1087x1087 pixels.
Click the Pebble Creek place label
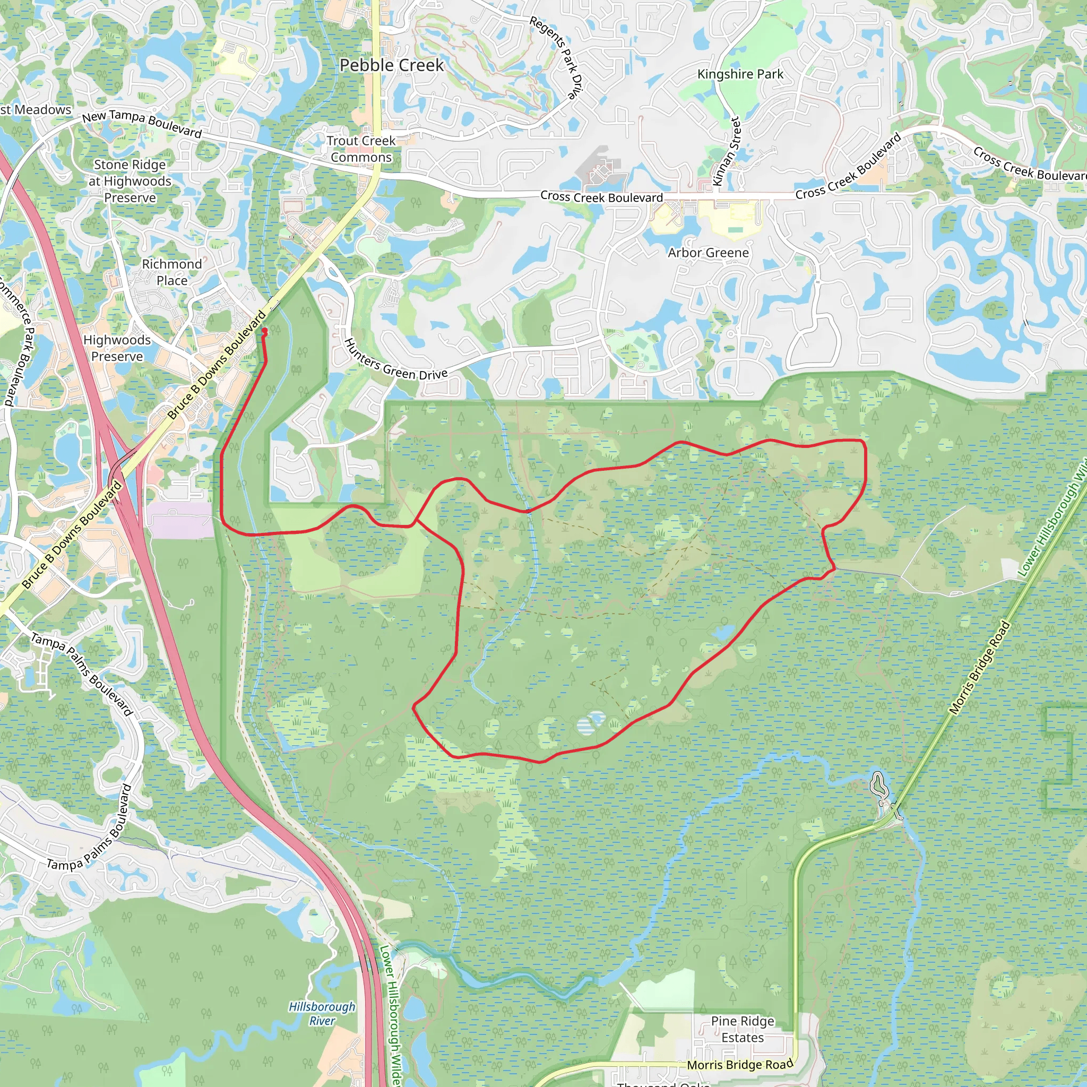[x=392, y=65]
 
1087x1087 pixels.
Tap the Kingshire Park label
[x=740, y=74]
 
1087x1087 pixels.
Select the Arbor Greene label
[x=708, y=253]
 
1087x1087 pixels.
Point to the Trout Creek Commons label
[x=361, y=149]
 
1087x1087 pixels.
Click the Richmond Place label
[x=171, y=272]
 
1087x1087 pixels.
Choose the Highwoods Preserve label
[x=117, y=348]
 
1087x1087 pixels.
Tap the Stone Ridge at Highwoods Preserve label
[x=130, y=181]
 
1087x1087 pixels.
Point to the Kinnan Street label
[x=727, y=151]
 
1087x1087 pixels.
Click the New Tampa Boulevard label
[x=142, y=124]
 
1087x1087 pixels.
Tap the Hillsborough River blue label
[x=322, y=1013]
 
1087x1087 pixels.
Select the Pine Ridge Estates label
[x=742, y=1029]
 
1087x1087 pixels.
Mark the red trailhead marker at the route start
[x=264, y=332]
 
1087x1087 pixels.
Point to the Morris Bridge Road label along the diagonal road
[x=980, y=668]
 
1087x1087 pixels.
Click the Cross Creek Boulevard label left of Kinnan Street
[x=601, y=197]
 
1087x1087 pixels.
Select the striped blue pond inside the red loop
[x=592, y=723]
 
